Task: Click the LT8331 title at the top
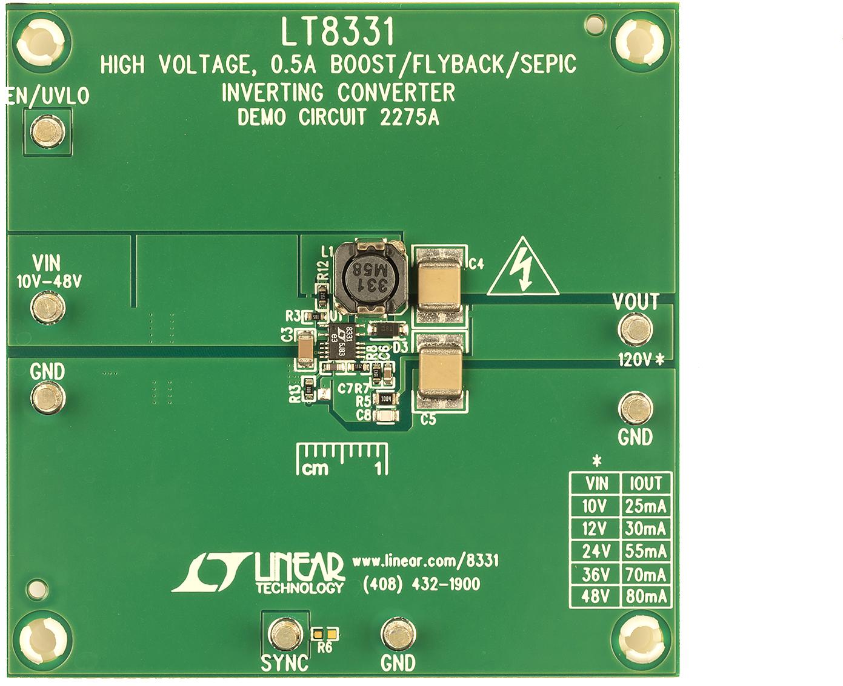(337, 31)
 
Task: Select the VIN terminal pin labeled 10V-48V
(47, 308)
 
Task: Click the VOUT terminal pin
(635, 331)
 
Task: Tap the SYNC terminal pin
(284, 634)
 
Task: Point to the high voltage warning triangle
(523, 269)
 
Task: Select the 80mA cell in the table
(646, 596)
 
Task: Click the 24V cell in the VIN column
(595, 551)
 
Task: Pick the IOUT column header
(646, 483)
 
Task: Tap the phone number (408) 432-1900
(421, 584)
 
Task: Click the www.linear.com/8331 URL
(425, 561)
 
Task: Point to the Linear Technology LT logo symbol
(210, 572)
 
